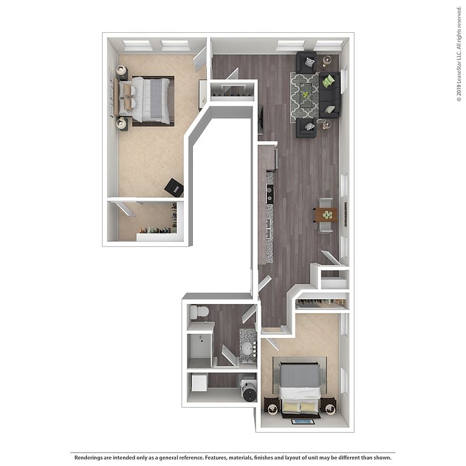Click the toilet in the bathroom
pyautogui.click(x=199, y=312)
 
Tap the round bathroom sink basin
pyautogui.click(x=248, y=349)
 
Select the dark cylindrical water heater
pyautogui.click(x=249, y=391)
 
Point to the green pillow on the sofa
pyautogui.click(x=328, y=81)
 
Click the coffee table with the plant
pyautogui.click(x=306, y=95)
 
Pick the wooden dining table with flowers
pyautogui.click(x=326, y=215)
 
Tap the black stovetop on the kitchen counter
pyautogui.click(x=270, y=194)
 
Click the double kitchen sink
pyautogui.click(x=269, y=229)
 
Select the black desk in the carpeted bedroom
pyautogui.click(x=174, y=187)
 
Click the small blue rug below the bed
pyautogui.click(x=303, y=422)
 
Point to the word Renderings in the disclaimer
pyautogui.click(x=89, y=458)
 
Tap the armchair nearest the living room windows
pyautogui.click(x=306, y=62)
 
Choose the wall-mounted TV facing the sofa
pyautogui.click(x=261, y=120)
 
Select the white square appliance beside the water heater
pyautogui.click(x=199, y=383)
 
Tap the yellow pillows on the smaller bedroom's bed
pyautogui.click(x=300, y=407)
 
